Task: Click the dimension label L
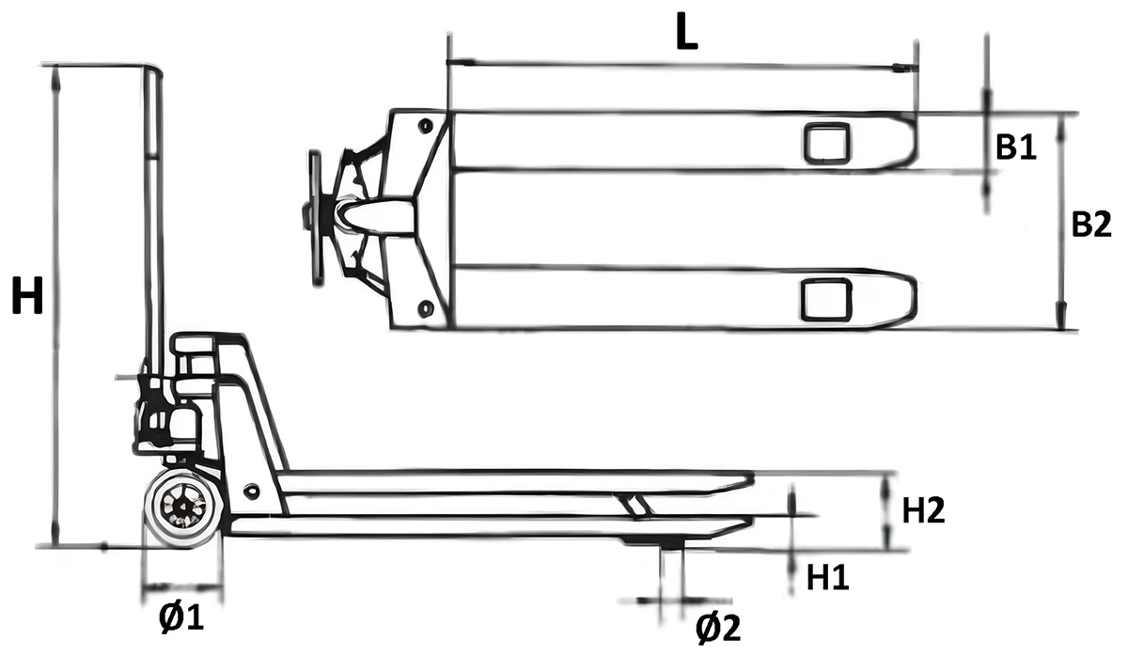click(687, 35)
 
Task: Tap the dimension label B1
click(1015, 148)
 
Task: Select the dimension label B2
click(1091, 225)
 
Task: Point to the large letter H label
click(27, 300)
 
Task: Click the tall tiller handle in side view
click(151, 216)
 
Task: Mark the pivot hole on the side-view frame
click(250, 491)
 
